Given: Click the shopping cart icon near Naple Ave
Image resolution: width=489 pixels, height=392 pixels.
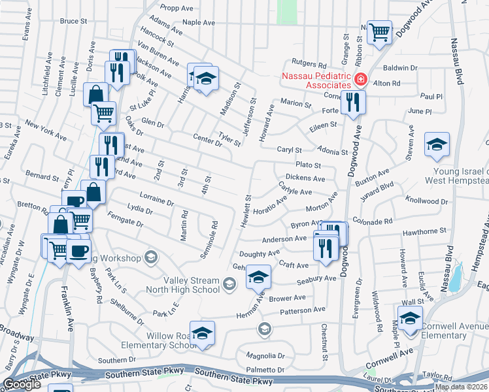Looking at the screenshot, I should (379, 31).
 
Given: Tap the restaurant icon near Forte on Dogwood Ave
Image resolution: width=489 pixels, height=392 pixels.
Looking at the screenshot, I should (352, 102).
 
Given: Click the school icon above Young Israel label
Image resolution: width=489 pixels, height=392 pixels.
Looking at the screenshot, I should (437, 144).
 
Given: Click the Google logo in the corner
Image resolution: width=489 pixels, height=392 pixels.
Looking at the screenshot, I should (22, 385).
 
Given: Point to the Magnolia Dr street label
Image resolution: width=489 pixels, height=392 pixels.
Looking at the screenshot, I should (265, 356).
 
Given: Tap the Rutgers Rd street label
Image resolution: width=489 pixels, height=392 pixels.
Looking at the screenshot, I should (309, 65).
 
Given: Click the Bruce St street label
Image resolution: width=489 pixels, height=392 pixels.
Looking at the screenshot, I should (73, 21).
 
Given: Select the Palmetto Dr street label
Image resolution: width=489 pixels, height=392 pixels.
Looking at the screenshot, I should (265, 370).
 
